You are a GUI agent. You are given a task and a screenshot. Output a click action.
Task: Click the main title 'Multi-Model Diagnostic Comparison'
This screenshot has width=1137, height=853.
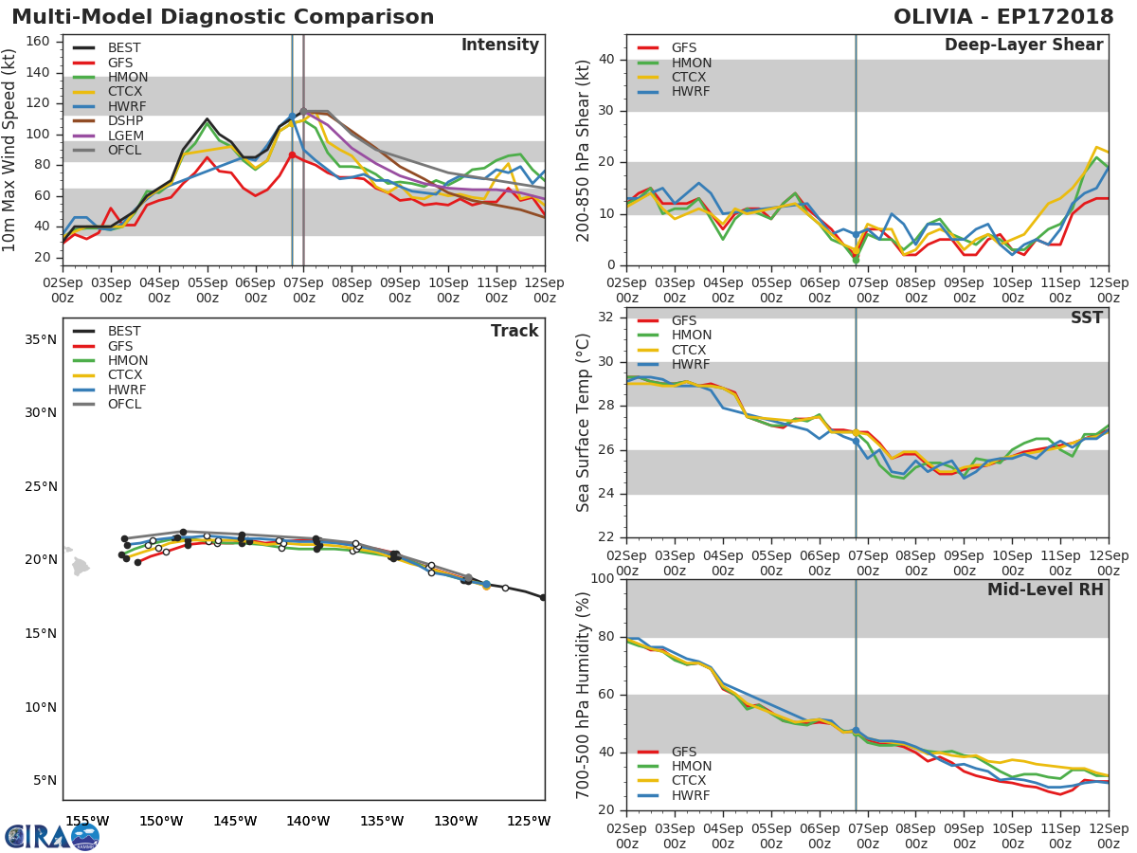(x=223, y=17)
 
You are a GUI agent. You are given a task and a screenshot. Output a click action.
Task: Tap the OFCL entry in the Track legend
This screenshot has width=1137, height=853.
(x=125, y=405)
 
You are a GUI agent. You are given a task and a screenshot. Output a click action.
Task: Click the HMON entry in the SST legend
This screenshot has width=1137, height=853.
(x=692, y=336)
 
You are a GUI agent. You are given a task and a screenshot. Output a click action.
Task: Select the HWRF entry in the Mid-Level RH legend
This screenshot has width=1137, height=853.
(x=691, y=796)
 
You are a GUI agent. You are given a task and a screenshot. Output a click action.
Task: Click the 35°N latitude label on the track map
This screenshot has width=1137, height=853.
(x=40, y=339)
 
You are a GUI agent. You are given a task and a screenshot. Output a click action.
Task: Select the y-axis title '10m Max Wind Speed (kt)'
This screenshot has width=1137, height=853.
(x=10, y=149)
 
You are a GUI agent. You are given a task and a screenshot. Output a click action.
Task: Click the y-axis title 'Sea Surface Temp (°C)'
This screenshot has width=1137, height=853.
(x=584, y=422)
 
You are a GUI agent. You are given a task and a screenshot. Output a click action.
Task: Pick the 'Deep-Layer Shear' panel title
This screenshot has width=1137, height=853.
(x=1023, y=45)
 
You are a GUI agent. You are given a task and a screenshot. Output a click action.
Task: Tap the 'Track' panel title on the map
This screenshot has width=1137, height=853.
(x=514, y=331)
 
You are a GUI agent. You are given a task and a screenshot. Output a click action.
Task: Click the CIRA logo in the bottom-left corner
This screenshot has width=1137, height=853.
(x=52, y=836)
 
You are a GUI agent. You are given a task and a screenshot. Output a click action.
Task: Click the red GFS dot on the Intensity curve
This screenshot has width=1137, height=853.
(x=292, y=154)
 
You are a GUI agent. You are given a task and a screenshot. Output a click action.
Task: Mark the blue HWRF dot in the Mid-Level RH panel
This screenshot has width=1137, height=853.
(x=856, y=731)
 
